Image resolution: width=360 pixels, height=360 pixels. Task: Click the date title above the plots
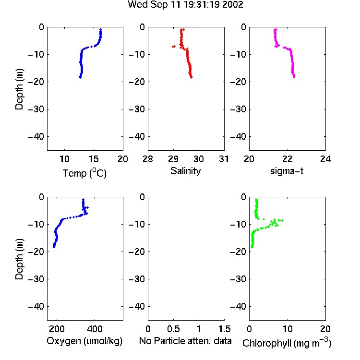tap(185, 5)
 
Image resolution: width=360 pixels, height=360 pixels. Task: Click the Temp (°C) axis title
tap(84, 173)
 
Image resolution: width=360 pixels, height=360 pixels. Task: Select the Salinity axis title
tap(185, 171)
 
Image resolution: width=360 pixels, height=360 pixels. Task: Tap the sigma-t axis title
tap(287, 171)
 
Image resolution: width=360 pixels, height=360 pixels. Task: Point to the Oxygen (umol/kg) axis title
tap(84, 341)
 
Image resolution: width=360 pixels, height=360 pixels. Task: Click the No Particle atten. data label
tap(185, 341)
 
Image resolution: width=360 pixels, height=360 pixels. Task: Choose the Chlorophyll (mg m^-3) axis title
tap(287, 343)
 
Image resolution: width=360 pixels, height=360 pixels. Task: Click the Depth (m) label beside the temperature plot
tap(19, 89)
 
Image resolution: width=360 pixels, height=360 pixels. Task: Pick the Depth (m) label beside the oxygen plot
tap(19, 259)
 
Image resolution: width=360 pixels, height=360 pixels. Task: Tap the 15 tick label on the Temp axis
tap(94, 159)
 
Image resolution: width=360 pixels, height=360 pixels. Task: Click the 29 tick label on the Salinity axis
tap(173, 159)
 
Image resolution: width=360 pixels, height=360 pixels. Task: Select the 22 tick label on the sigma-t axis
tap(287, 159)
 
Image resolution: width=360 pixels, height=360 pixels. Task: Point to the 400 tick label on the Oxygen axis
tap(95, 329)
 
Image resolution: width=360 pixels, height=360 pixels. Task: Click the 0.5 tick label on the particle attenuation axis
tap(173, 329)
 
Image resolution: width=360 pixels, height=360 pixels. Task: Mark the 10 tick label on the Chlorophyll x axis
tap(288, 329)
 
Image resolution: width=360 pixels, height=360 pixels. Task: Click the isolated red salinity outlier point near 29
tap(174, 47)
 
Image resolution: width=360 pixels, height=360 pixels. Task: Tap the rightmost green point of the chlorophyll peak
tap(283, 220)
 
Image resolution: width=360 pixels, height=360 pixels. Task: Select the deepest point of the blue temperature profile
tap(80, 77)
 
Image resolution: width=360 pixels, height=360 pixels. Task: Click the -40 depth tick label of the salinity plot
tap(137, 137)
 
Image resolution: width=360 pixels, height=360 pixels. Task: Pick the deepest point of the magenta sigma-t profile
tap(294, 77)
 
